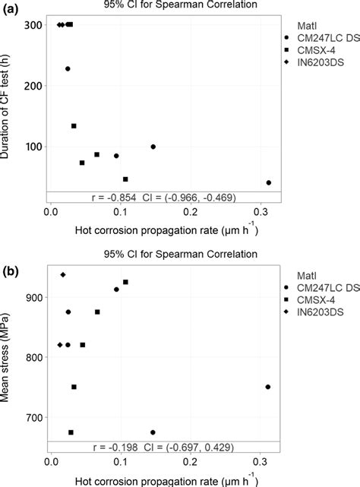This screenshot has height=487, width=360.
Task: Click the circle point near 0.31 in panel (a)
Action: click(x=269, y=182)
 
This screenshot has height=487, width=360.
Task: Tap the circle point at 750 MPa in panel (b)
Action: click(x=268, y=387)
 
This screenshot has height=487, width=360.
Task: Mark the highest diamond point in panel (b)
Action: click(x=63, y=274)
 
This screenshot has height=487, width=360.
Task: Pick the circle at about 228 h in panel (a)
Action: click(x=68, y=68)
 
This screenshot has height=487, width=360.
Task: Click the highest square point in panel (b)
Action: click(x=125, y=282)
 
